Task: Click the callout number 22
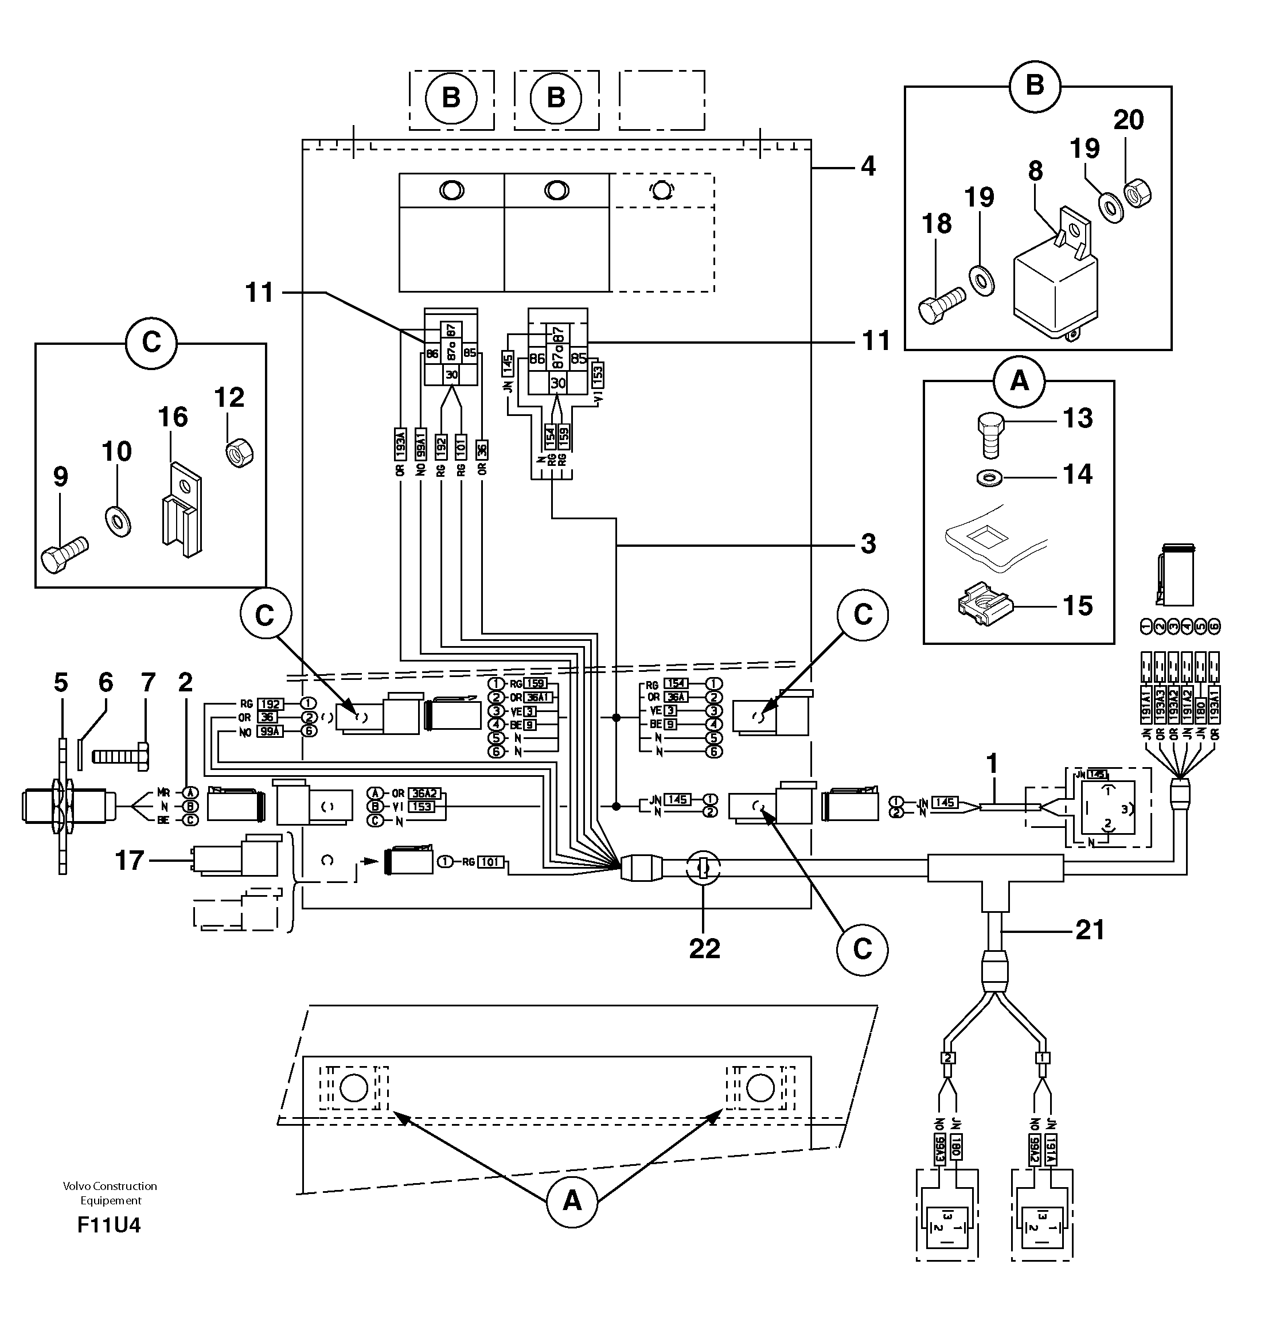704,949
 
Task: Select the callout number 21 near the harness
1090,930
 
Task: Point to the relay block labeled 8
1055,286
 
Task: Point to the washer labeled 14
988,478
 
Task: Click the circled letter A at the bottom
571,1200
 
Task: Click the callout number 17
130,860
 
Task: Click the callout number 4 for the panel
868,166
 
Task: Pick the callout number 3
868,543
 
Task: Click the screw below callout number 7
120,757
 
